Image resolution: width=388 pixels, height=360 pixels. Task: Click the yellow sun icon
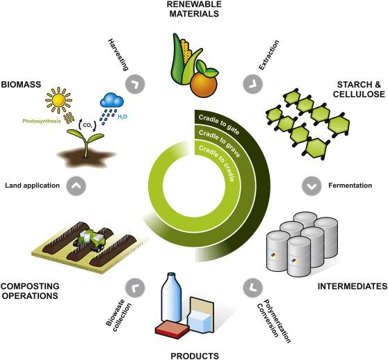[58, 100]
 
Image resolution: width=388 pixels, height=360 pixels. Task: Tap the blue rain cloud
[112, 100]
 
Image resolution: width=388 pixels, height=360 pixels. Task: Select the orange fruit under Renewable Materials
[204, 85]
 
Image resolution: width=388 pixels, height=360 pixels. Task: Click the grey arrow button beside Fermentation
[312, 186]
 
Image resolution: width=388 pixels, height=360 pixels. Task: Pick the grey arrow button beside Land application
[76, 186]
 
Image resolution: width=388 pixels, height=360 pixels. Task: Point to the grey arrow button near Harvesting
[135, 84]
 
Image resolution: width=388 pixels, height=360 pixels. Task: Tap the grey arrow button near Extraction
[253, 84]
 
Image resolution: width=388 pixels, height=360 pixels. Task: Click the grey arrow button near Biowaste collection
[135, 288]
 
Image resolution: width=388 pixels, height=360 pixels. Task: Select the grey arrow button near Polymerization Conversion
[253, 288]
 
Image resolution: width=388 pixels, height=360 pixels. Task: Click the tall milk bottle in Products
[171, 297]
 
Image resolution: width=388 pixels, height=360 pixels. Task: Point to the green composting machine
[90, 240]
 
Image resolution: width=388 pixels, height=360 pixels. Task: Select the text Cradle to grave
[220, 143]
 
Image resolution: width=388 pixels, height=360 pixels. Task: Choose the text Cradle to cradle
[217, 163]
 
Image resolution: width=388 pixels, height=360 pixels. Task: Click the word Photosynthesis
[42, 121]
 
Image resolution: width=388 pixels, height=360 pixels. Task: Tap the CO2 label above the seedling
[88, 125]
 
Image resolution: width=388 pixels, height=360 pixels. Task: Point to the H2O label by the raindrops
[122, 117]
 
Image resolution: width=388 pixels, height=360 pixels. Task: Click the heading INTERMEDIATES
[353, 286]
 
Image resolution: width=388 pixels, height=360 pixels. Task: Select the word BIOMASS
[21, 85]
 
